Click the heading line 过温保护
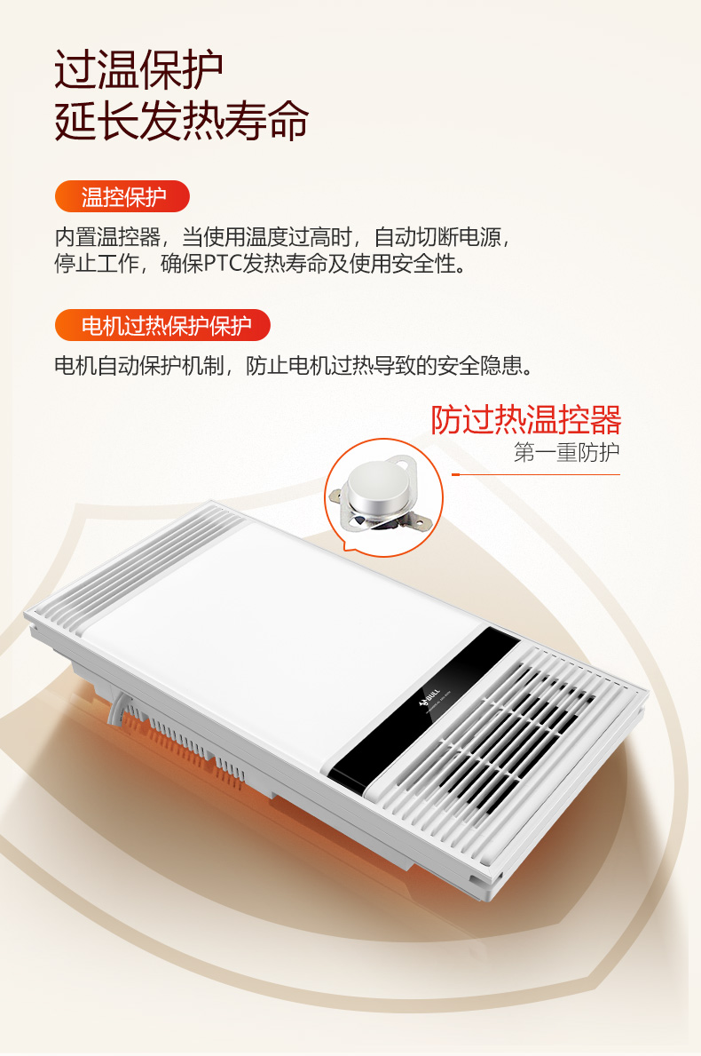138,69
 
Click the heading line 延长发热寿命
182,121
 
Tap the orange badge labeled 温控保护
122,196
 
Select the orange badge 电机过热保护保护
162,325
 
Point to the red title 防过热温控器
525,419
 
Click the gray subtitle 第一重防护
566,452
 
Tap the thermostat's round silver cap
378,487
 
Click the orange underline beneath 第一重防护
536,475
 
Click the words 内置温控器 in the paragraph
107,237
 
